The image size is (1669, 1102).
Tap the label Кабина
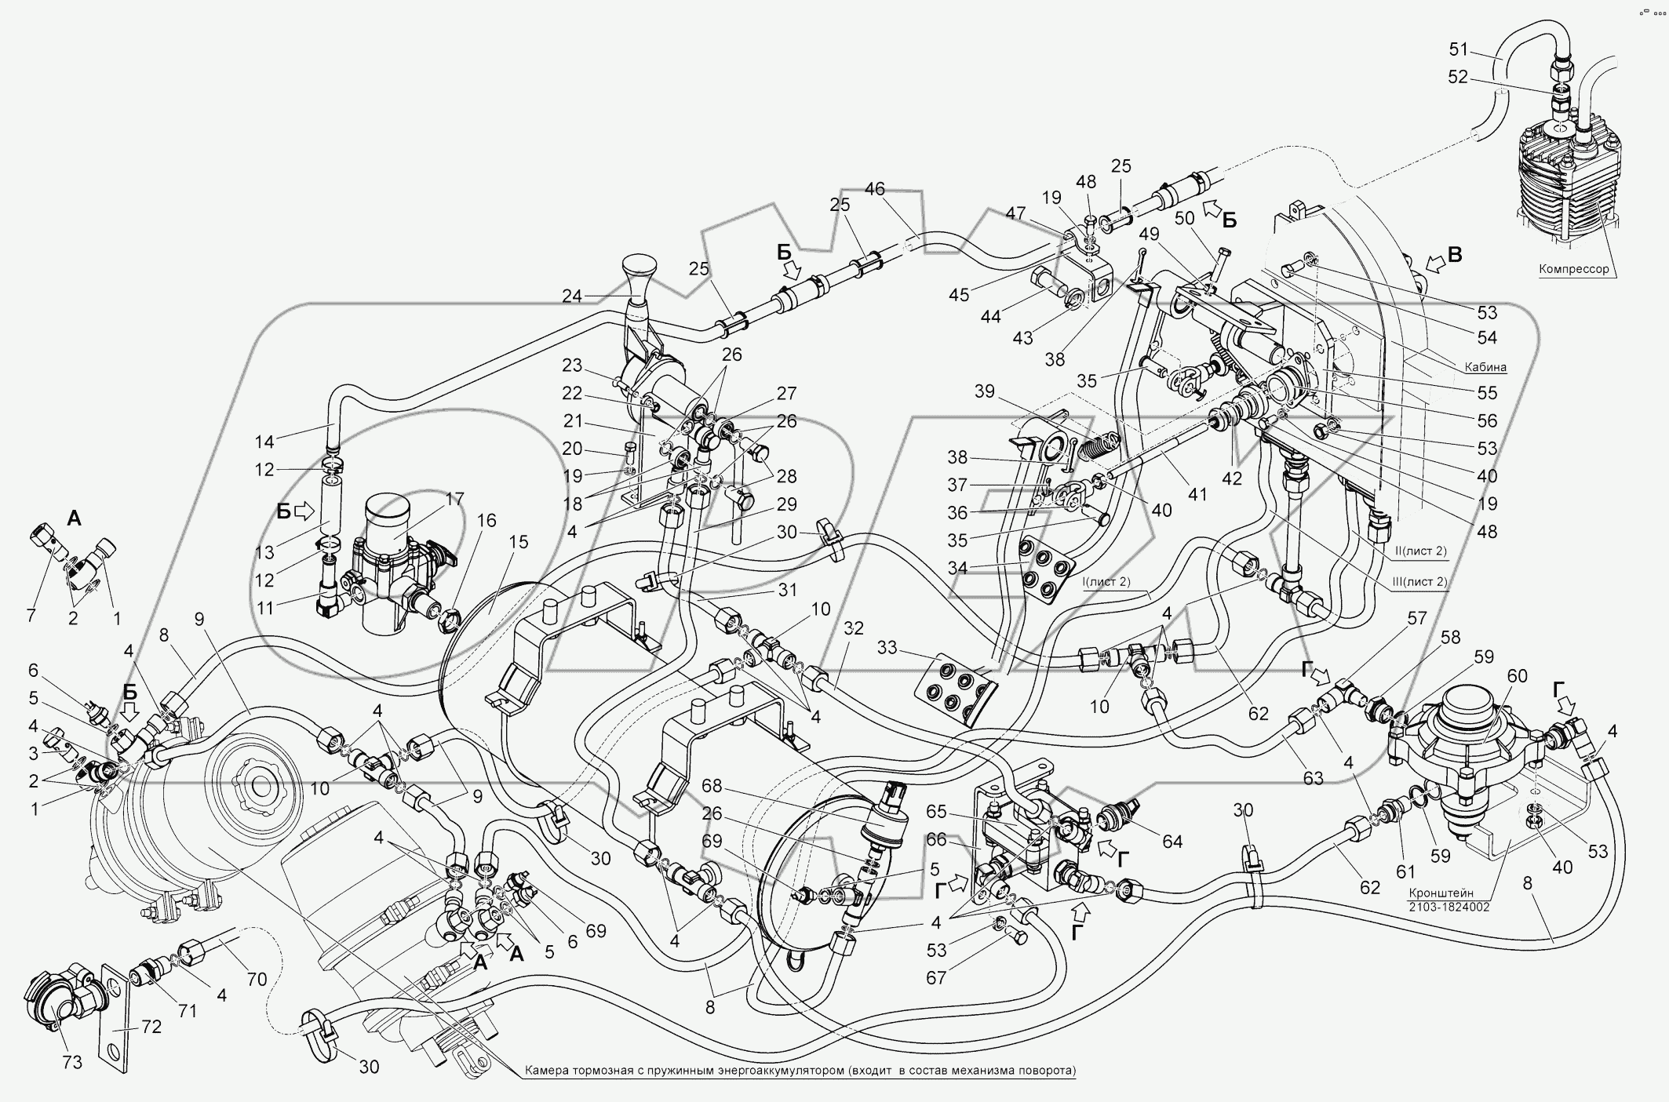[x=1485, y=366]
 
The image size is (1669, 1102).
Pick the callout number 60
[x=1517, y=676]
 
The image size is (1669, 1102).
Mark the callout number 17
[x=454, y=499]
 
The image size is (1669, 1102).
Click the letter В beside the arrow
[x=1454, y=255]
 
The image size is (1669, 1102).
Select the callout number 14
[x=264, y=442]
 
